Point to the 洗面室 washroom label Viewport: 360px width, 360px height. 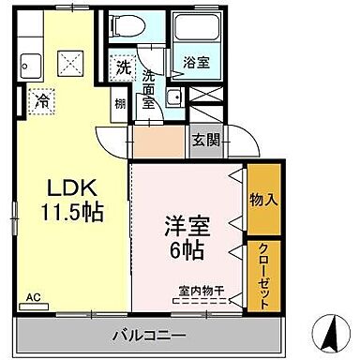point(148,89)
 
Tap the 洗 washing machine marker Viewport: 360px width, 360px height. point(123,67)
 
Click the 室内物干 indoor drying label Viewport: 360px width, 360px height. point(196,291)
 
